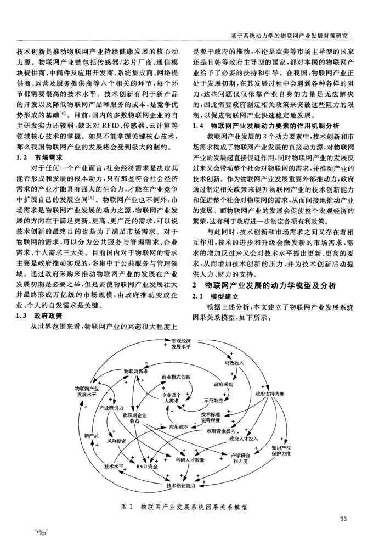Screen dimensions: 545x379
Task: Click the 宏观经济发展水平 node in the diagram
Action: point(180,344)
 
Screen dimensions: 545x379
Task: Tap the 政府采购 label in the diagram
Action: point(223,384)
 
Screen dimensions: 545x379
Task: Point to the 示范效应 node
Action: point(212,400)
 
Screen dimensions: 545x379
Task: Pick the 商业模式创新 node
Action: point(176,377)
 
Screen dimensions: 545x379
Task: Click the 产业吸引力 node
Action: point(111,408)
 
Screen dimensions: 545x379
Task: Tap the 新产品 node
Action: point(91,435)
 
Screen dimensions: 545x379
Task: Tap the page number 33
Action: point(344,520)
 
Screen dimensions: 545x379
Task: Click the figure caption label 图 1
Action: point(127,508)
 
